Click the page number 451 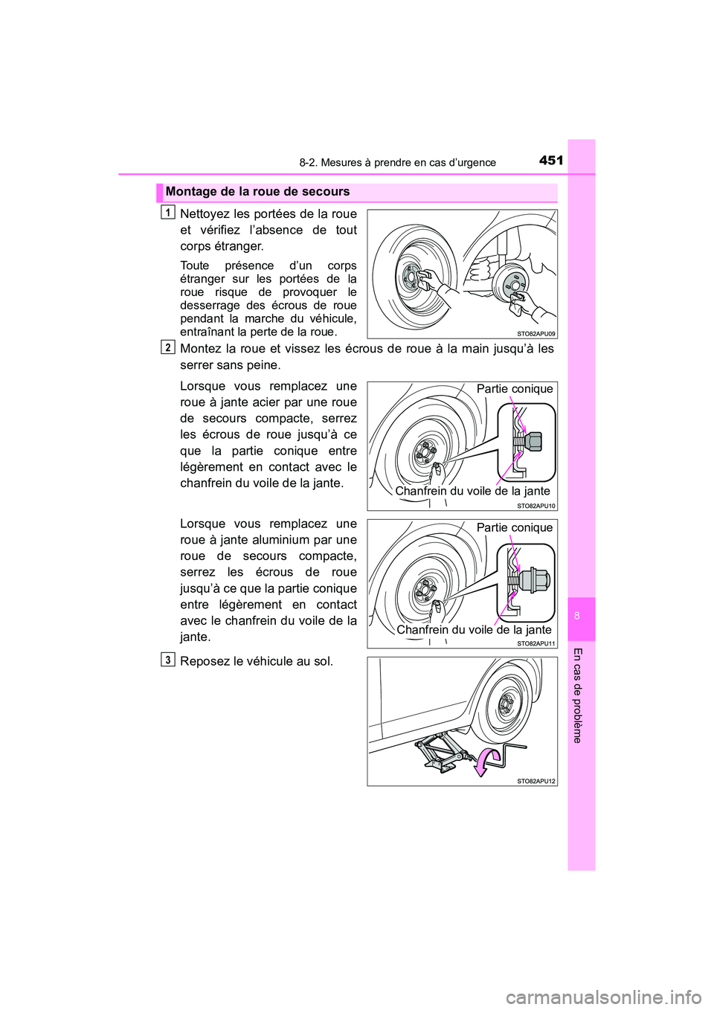(x=551, y=160)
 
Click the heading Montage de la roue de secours (x=257, y=192)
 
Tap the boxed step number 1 (x=168, y=213)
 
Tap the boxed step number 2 (x=168, y=347)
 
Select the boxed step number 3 (x=168, y=660)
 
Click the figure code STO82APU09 (x=536, y=334)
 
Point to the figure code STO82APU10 (x=536, y=506)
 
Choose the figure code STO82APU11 (x=536, y=643)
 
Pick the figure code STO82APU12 (x=536, y=781)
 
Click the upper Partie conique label (x=515, y=389)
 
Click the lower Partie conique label (x=515, y=527)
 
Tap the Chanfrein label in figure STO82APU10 (x=472, y=491)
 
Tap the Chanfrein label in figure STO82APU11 (x=474, y=630)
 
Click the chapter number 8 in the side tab (x=577, y=616)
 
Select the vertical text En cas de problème (x=577, y=695)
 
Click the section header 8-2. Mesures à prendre (x=397, y=163)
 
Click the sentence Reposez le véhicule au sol (x=257, y=661)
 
